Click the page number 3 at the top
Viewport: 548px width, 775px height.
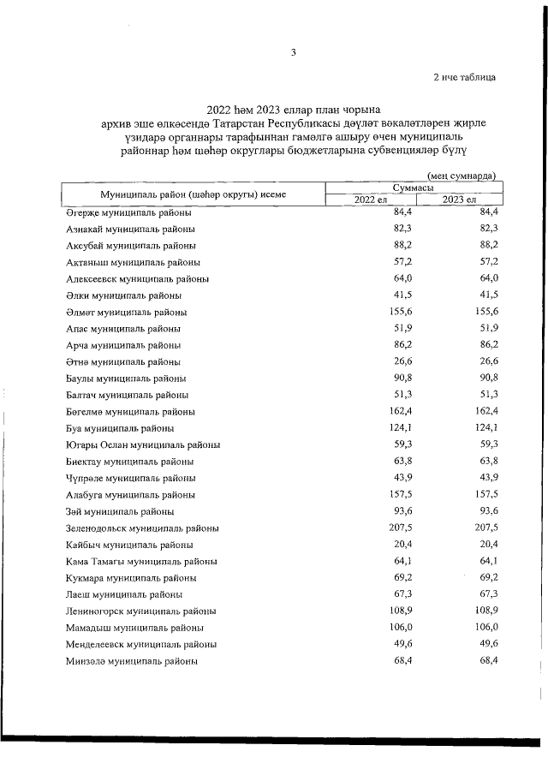point(293,52)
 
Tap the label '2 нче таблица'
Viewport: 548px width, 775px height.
point(464,77)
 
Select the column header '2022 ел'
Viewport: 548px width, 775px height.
point(371,200)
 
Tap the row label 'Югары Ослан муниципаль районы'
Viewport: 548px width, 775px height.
point(143,444)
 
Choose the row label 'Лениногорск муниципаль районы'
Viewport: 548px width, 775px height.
point(140,611)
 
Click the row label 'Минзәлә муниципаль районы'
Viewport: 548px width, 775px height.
point(132,661)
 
